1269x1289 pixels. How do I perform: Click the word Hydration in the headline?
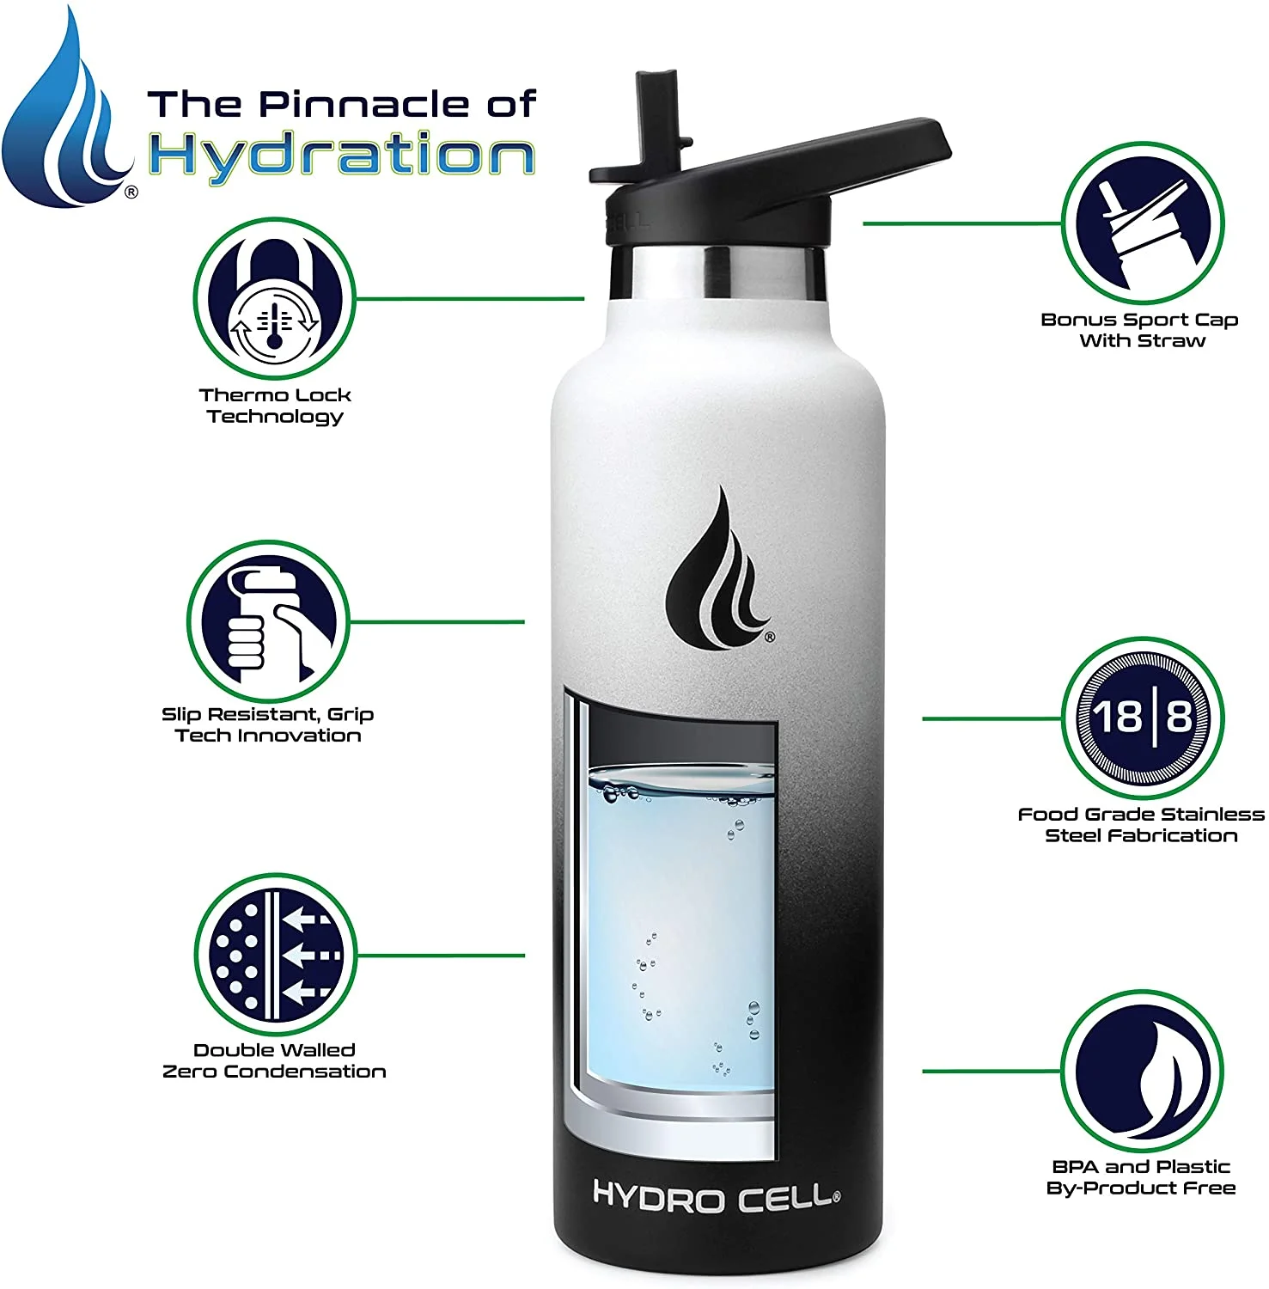(x=342, y=156)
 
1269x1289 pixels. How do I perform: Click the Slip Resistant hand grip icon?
(x=267, y=621)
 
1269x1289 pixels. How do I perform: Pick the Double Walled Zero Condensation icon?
(x=274, y=955)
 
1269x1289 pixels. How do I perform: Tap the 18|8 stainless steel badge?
(x=1141, y=718)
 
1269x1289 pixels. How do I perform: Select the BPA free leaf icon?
(x=1141, y=1071)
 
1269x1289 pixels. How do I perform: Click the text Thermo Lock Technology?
(x=275, y=406)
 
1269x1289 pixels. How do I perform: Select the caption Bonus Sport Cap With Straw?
(x=1139, y=330)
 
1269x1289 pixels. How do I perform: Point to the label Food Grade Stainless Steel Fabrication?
(x=1141, y=825)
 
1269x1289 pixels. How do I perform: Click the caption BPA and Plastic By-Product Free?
(x=1141, y=1177)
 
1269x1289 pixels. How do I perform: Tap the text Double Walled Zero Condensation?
(x=274, y=1060)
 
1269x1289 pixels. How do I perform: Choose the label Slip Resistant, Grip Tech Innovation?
(x=267, y=724)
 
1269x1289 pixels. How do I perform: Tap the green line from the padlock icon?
(x=470, y=299)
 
